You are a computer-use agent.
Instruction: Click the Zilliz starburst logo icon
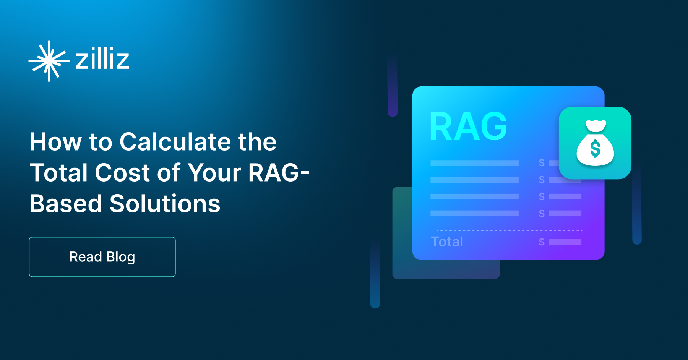49,61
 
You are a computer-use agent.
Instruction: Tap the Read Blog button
102,257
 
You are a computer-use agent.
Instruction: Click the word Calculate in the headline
175,142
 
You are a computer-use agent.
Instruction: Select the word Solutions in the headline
165,203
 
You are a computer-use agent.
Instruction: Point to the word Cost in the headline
123,173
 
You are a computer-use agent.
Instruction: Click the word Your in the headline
214,173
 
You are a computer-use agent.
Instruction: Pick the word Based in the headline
66,203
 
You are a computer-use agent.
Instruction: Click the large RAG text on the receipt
468,127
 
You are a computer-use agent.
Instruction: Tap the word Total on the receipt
447,242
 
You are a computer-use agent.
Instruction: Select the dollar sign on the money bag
595,149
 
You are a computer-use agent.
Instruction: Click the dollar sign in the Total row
542,242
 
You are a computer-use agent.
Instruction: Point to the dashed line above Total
509,230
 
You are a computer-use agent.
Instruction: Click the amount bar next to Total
565,242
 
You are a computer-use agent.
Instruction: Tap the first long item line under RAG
474,163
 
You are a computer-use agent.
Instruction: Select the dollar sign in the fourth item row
542,213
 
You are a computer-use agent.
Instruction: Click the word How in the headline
55,142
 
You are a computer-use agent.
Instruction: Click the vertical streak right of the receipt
636,206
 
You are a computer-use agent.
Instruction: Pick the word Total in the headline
59,173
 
